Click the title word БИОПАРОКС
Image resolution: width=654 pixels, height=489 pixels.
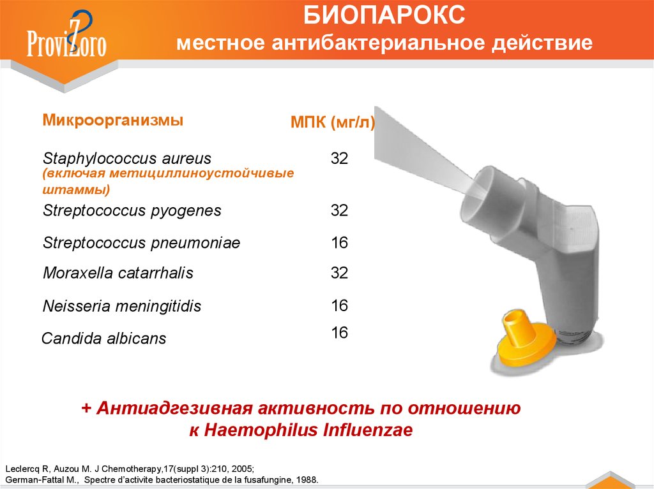point(384,15)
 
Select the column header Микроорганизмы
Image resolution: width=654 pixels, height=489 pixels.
point(113,120)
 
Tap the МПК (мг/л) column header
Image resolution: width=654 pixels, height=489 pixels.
point(332,122)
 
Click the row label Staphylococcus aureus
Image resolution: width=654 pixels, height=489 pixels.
point(127,158)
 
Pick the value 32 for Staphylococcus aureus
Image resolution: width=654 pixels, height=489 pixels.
point(339,158)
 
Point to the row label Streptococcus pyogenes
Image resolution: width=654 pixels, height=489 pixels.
point(132,210)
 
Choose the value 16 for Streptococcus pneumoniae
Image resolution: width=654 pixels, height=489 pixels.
point(339,242)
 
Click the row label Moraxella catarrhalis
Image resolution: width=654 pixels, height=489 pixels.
point(118,273)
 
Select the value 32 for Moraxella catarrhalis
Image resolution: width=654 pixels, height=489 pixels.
point(339,272)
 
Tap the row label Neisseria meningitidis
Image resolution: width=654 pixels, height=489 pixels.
point(122,306)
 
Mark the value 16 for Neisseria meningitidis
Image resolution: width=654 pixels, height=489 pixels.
point(339,305)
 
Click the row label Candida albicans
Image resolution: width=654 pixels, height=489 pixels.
point(104,338)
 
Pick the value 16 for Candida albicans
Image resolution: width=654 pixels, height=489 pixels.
point(339,332)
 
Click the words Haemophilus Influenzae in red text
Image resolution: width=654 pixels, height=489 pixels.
point(308,430)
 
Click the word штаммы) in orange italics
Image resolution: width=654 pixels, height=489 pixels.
point(77,189)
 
